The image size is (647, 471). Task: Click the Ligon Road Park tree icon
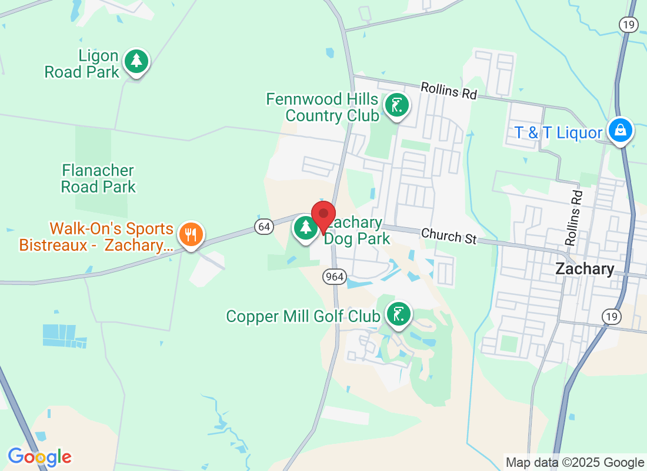tap(136, 61)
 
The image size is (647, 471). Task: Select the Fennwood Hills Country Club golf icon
tap(397, 106)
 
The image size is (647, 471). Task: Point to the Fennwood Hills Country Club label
tap(323, 107)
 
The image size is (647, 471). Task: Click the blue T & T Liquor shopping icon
tap(620, 131)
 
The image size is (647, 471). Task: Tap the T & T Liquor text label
tap(559, 133)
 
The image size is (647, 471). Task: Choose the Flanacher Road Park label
tap(99, 179)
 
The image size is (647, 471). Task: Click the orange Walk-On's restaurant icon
tap(191, 235)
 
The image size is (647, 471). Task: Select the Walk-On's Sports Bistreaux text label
tap(96, 237)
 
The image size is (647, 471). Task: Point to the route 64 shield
tap(264, 225)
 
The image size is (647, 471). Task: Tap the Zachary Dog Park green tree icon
tap(305, 227)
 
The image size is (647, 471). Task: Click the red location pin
tap(323, 215)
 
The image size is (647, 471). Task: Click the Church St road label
tap(448, 236)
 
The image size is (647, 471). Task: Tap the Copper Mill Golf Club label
tap(303, 317)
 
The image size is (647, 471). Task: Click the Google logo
tap(39, 457)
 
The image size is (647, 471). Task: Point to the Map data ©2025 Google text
tap(575, 463)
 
